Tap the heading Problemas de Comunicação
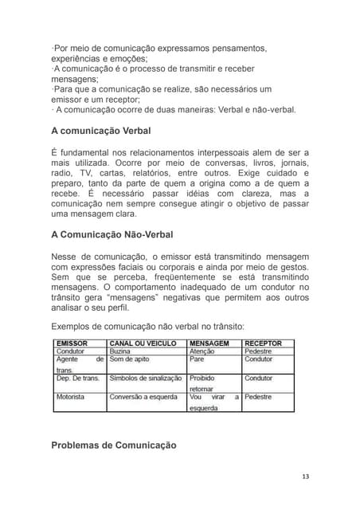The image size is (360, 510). click(113, 445)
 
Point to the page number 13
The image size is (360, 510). click(305, 477)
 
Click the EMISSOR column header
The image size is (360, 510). click(72, 343)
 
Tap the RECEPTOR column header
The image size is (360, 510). click(263, 343)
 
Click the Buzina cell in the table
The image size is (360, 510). click(120, 351)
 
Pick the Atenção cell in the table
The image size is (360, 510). click(202, 351)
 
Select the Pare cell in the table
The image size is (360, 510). click(197, 359)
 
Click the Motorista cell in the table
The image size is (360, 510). click(71, 397)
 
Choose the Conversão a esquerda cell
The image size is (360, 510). click(143, 397)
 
